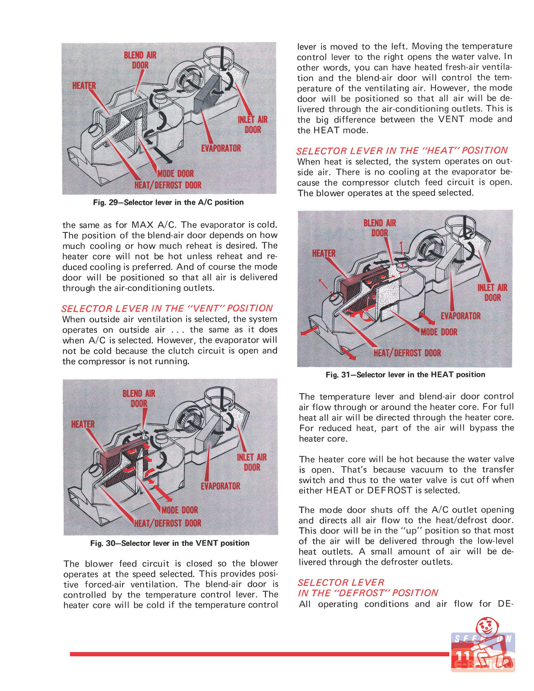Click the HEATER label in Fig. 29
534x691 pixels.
pos(84,86)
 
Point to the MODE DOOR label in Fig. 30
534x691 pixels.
pos(179,510)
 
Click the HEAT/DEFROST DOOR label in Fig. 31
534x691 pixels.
pos(407,353)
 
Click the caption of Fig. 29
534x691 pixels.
pos(168,202)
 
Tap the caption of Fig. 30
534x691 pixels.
pos(170,543)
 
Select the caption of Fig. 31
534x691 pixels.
pos(405,375)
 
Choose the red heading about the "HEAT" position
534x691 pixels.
pos(402,151)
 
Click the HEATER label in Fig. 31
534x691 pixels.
pos(323,253)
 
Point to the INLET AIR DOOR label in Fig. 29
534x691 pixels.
pos(253,124)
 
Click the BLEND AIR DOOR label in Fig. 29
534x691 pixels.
pos(140,60)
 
